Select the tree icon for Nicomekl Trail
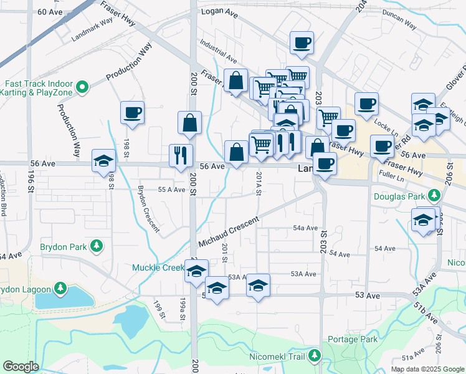tap(315, 356)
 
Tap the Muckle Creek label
tap(157, 267)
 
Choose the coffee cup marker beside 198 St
tap(132, 113)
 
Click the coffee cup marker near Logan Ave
tap(302, 42)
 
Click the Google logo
tap(21, 367)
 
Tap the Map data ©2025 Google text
tap(427, 369)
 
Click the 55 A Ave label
tap(171, 189)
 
